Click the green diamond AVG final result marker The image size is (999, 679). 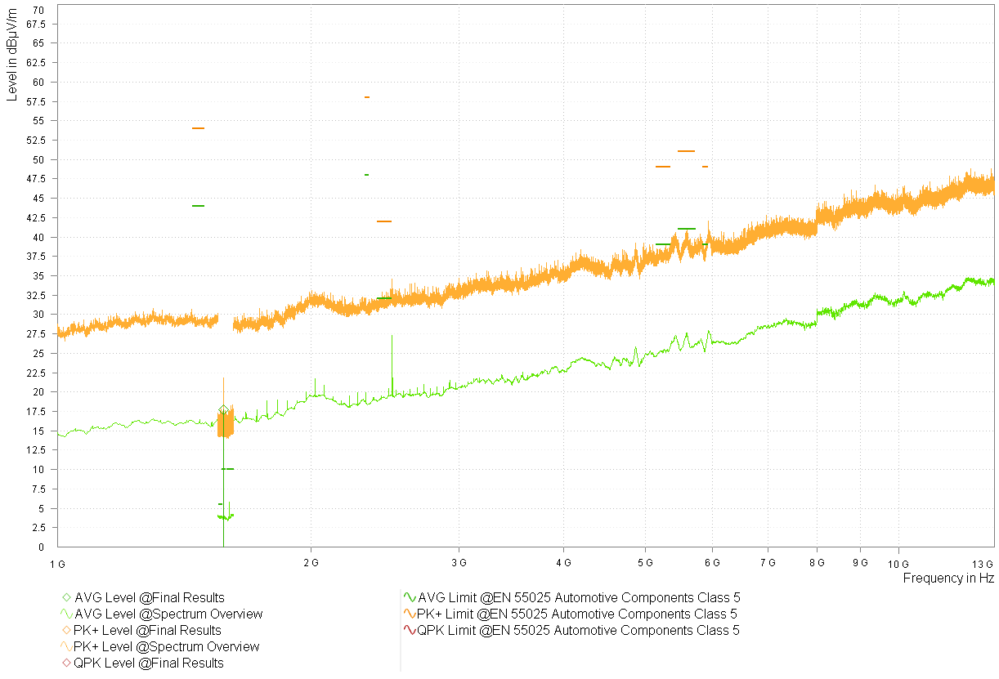click(223, 410)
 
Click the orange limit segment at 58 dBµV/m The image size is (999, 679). click(367, 97)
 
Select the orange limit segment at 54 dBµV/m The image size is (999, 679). click(198, 128)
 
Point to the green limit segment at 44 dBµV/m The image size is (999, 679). click(198, 206)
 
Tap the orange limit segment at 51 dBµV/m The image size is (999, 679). click(686, 151)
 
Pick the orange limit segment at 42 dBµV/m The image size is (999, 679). click(384, 221)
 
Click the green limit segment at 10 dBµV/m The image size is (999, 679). click(227, 469)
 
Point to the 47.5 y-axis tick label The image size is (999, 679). click(35, 179)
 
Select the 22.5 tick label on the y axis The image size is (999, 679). click(35, 373)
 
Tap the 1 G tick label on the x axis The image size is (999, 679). click(56, 563)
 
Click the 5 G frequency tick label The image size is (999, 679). click(645, 563)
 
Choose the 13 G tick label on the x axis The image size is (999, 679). click(983, 563)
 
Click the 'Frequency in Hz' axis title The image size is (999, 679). click(948, 578)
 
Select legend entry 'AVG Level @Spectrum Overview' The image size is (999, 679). click(168, 614)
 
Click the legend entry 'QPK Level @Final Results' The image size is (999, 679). click(148, 663)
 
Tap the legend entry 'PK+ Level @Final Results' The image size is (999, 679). click(147, 630)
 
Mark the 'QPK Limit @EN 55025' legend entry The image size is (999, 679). click(578, 630)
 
